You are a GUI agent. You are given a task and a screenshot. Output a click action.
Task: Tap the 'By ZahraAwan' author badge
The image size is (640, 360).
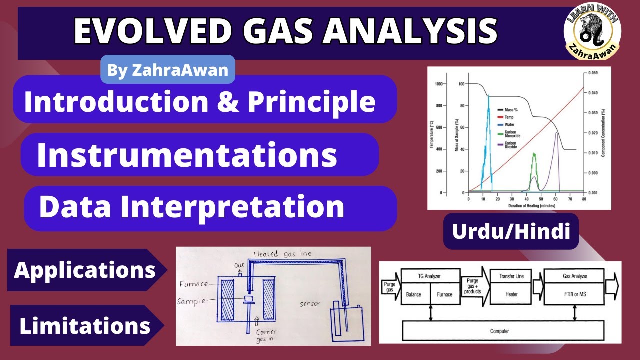[168, 70]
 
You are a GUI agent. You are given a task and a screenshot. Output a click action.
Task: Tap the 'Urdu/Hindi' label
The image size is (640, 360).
[511, 231]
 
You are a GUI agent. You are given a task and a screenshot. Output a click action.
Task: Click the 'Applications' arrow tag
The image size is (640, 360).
[85, 270]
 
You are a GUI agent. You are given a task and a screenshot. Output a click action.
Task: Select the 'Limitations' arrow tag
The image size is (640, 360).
[85, 326]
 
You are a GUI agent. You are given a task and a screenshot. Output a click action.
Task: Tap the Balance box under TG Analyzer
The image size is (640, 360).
[414, 294]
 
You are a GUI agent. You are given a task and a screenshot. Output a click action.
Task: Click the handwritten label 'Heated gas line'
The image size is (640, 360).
[282, 254]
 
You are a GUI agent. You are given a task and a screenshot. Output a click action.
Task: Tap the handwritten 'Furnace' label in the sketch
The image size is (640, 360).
[193, 284]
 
